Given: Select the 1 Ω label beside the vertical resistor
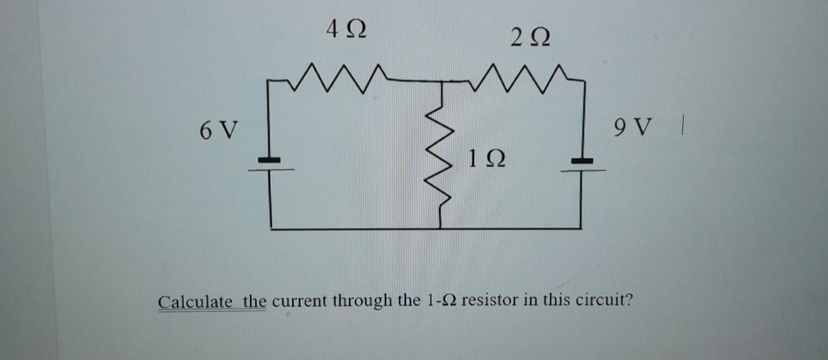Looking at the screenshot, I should (487, 158).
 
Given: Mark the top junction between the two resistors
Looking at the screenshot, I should (441, 82).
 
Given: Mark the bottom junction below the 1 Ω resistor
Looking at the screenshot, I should (441, 229).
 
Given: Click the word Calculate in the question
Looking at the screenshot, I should (196, 302).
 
